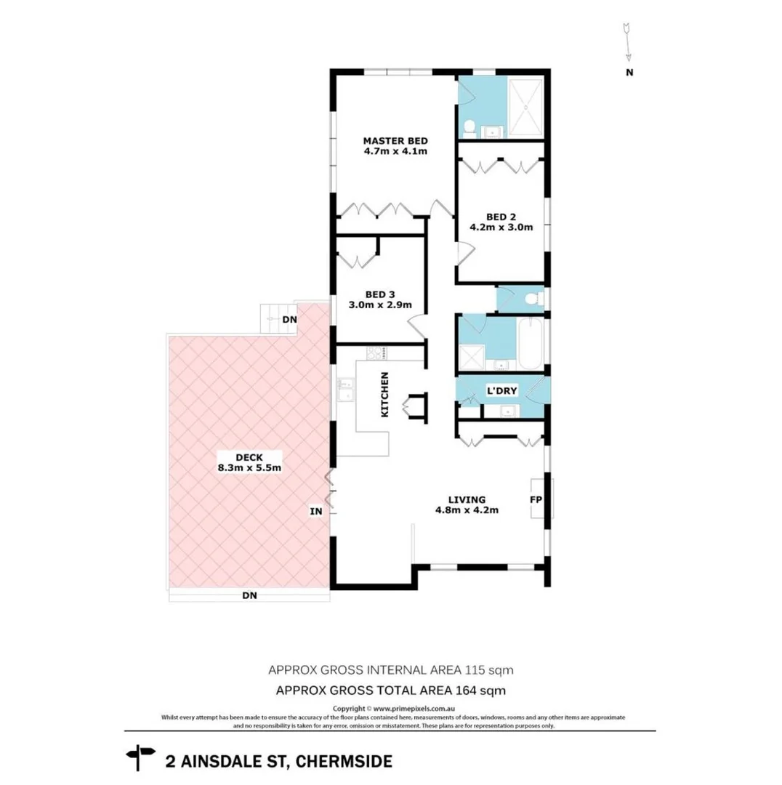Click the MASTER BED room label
point(395,140)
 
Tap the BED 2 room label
point(501,216)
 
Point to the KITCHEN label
point(385,395)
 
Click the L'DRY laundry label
point(501,390)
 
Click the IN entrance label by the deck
point(316,512)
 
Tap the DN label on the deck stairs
point(289,319)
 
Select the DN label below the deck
point(249,595)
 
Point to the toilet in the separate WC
point(534,298)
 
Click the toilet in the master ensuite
point(470,128)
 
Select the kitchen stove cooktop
point(377,354)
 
